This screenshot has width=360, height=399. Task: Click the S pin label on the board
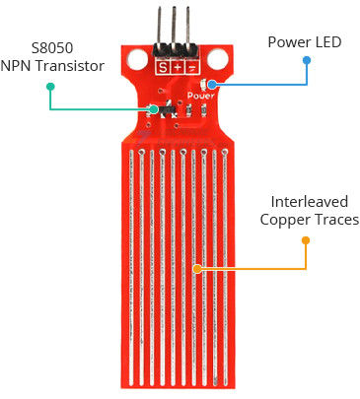click(163, 68)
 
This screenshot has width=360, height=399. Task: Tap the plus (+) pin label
click(178, 68)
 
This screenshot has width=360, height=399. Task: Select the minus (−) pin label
click(191, 68)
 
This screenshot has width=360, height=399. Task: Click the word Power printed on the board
click(200, 96)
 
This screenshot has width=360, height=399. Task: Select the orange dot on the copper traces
click(196, 268)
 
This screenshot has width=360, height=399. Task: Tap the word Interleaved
click(309, 202)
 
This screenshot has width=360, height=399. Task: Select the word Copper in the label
click(285, 220)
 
